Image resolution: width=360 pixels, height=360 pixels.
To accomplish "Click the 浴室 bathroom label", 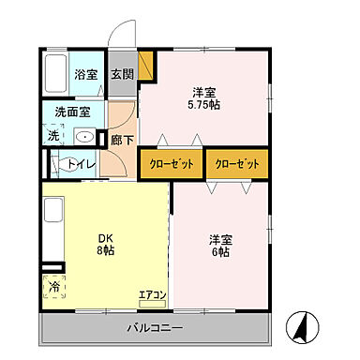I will (x=86, y=73).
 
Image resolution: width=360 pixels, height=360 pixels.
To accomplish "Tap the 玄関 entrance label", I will (x=122, y=73).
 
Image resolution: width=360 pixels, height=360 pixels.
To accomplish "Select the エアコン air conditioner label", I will (x=152, y=296).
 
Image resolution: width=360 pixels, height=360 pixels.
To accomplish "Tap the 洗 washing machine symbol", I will (x=52, y=135).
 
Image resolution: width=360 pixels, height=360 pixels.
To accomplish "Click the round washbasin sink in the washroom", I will (x=85, y=137).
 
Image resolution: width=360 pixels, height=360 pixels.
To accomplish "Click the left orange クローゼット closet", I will (x=172, y=164).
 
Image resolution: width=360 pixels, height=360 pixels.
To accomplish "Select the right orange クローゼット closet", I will (x=235, y=164).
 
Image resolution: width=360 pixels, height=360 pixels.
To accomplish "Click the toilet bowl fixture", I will (x=53, y=165).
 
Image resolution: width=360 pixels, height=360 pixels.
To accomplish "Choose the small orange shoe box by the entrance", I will (x=145, y=67).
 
